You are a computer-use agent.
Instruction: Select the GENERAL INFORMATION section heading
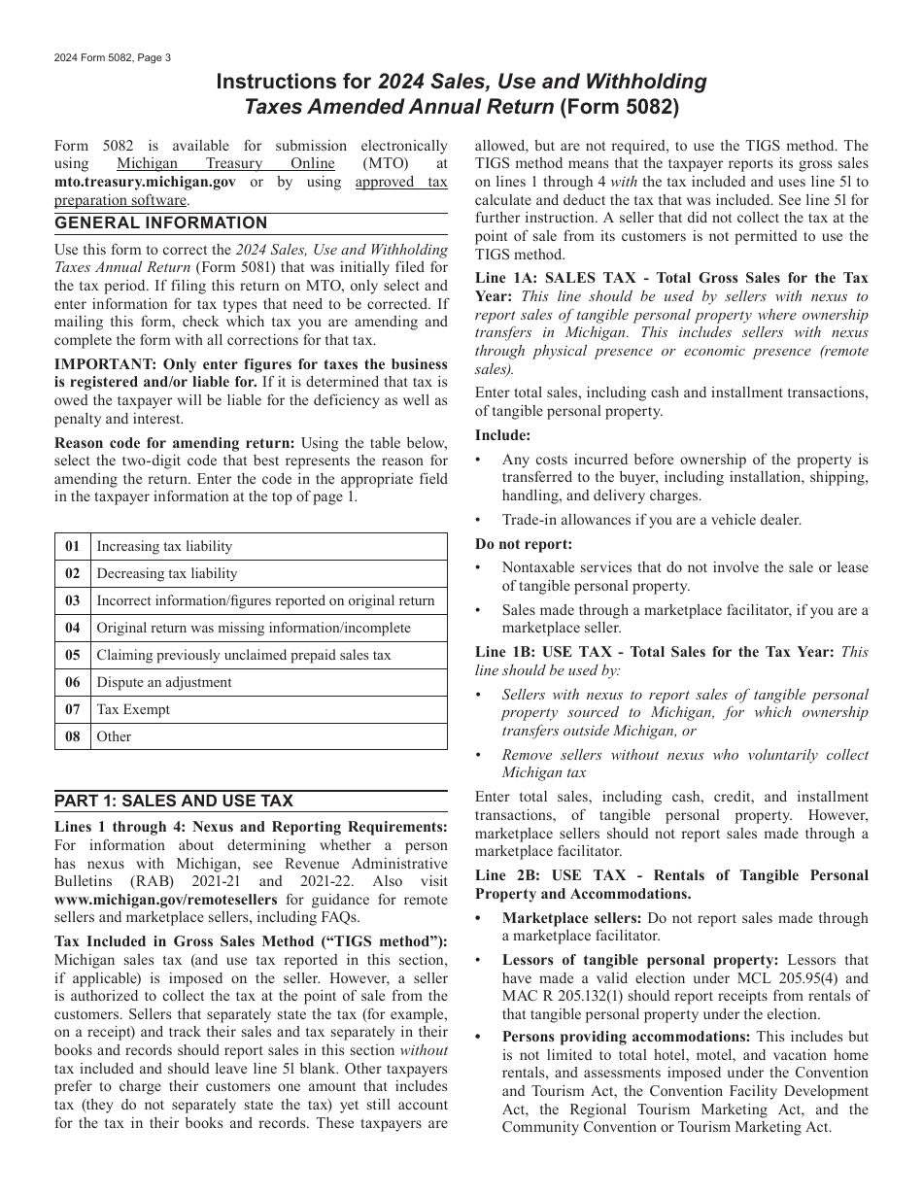point(160,223)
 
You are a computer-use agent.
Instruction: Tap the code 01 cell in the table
point(73,546)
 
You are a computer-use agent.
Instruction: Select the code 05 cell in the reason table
point(73,655)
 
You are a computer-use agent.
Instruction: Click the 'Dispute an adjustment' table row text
point(164,682)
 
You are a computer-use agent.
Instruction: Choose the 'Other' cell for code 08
point(114,736)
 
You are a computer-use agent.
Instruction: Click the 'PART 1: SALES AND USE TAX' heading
point(173,801)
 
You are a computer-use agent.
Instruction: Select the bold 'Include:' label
point(502,435)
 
